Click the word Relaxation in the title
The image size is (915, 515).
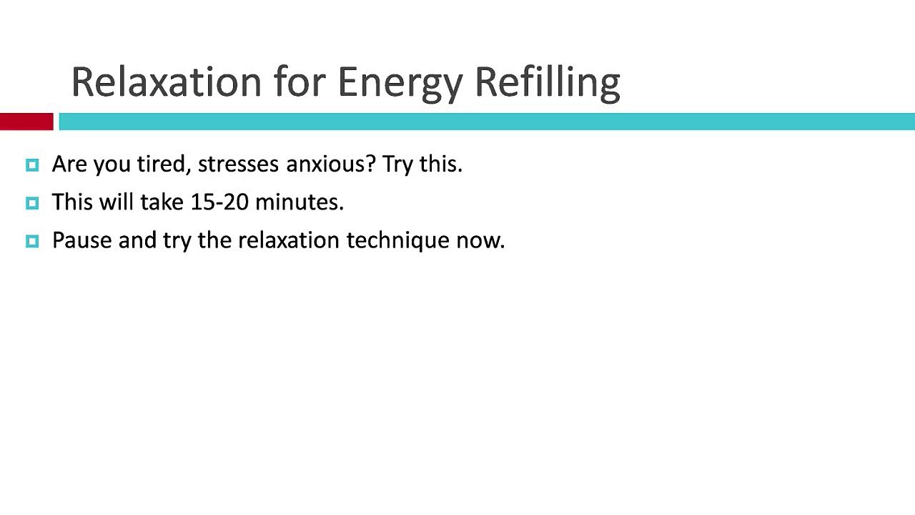(x=167, y=82)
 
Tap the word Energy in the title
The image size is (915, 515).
(x=400, y=84)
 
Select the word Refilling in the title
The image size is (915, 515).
(x=548, y=84)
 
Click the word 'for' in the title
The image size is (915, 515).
(x=300, y=82)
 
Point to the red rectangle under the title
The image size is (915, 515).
(x=26, y=122)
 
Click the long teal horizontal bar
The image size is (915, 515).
(x=487, y=122)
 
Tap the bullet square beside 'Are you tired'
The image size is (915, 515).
(x=32, y=165)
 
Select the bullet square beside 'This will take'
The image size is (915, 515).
(x=32, y=203)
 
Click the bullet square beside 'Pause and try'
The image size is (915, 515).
(x=32, y=241)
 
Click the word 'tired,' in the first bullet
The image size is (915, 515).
(x=164, y=165)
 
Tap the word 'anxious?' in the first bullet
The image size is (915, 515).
(x=331, y=165)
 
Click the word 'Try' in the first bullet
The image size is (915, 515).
(x=397, y=165)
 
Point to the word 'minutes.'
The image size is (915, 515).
(x=300, y=202)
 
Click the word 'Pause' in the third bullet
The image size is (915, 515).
(x=81, y=240)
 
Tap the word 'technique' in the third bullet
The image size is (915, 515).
(x=398, y=241)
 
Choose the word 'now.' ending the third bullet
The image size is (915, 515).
(x=480, y=241)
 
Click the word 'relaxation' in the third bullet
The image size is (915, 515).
(x=288, y=240)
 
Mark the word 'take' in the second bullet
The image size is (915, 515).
(x=162, y=202)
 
